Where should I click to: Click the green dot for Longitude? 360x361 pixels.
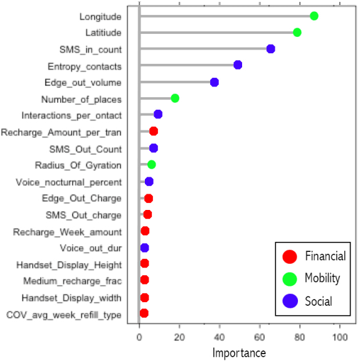[x=314, y=16]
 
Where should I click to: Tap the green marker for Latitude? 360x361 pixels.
[x=297, y=32]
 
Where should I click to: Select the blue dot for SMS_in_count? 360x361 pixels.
[x=271, y=49]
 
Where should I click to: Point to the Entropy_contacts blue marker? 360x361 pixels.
[x=238, y=65]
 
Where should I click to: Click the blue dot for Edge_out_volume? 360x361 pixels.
[x=214, y=82]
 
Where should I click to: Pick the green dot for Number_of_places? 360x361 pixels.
[x=175, y=98]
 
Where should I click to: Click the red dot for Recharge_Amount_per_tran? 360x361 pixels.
[x=154, y=131]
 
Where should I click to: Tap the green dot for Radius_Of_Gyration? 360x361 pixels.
[x=151, y=165]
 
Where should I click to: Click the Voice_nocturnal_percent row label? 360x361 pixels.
[x=68, y=182]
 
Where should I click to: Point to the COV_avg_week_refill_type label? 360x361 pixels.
[x=63, y=315]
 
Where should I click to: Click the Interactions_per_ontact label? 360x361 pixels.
[x=71, y=116]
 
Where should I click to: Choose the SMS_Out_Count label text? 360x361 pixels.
[x=85, y=149]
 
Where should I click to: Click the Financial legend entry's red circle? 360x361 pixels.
[x=290, y=256]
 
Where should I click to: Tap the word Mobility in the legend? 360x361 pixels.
[x=322, y=278]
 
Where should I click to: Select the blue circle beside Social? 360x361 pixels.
[x=290, y=301]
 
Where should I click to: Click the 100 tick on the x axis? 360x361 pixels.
[x=340, y=337]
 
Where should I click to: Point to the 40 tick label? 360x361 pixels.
[x=220, y=337]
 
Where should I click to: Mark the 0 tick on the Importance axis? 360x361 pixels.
[x=139, y=337]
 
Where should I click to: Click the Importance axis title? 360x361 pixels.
[x=239, y=352]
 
